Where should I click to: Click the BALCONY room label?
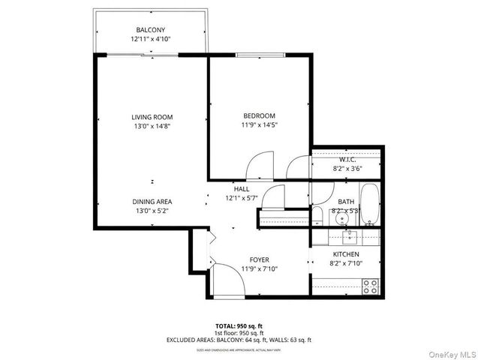point(150,29)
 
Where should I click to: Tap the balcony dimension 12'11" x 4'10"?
point(150,38)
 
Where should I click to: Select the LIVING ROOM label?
point(152,117)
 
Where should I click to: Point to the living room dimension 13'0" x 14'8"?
point(152,126)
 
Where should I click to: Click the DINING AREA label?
point(152,202)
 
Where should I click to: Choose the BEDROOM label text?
point(259,115)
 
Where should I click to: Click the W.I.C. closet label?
point(347,160)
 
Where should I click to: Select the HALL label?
point(241,189)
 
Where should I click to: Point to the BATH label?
point(346,201)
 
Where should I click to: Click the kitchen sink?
point(349,238)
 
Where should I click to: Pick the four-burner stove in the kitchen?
point(370,285)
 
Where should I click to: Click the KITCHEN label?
point(346,255)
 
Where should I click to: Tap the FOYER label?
point(259,259)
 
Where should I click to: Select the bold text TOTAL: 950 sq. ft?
point(239,326)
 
